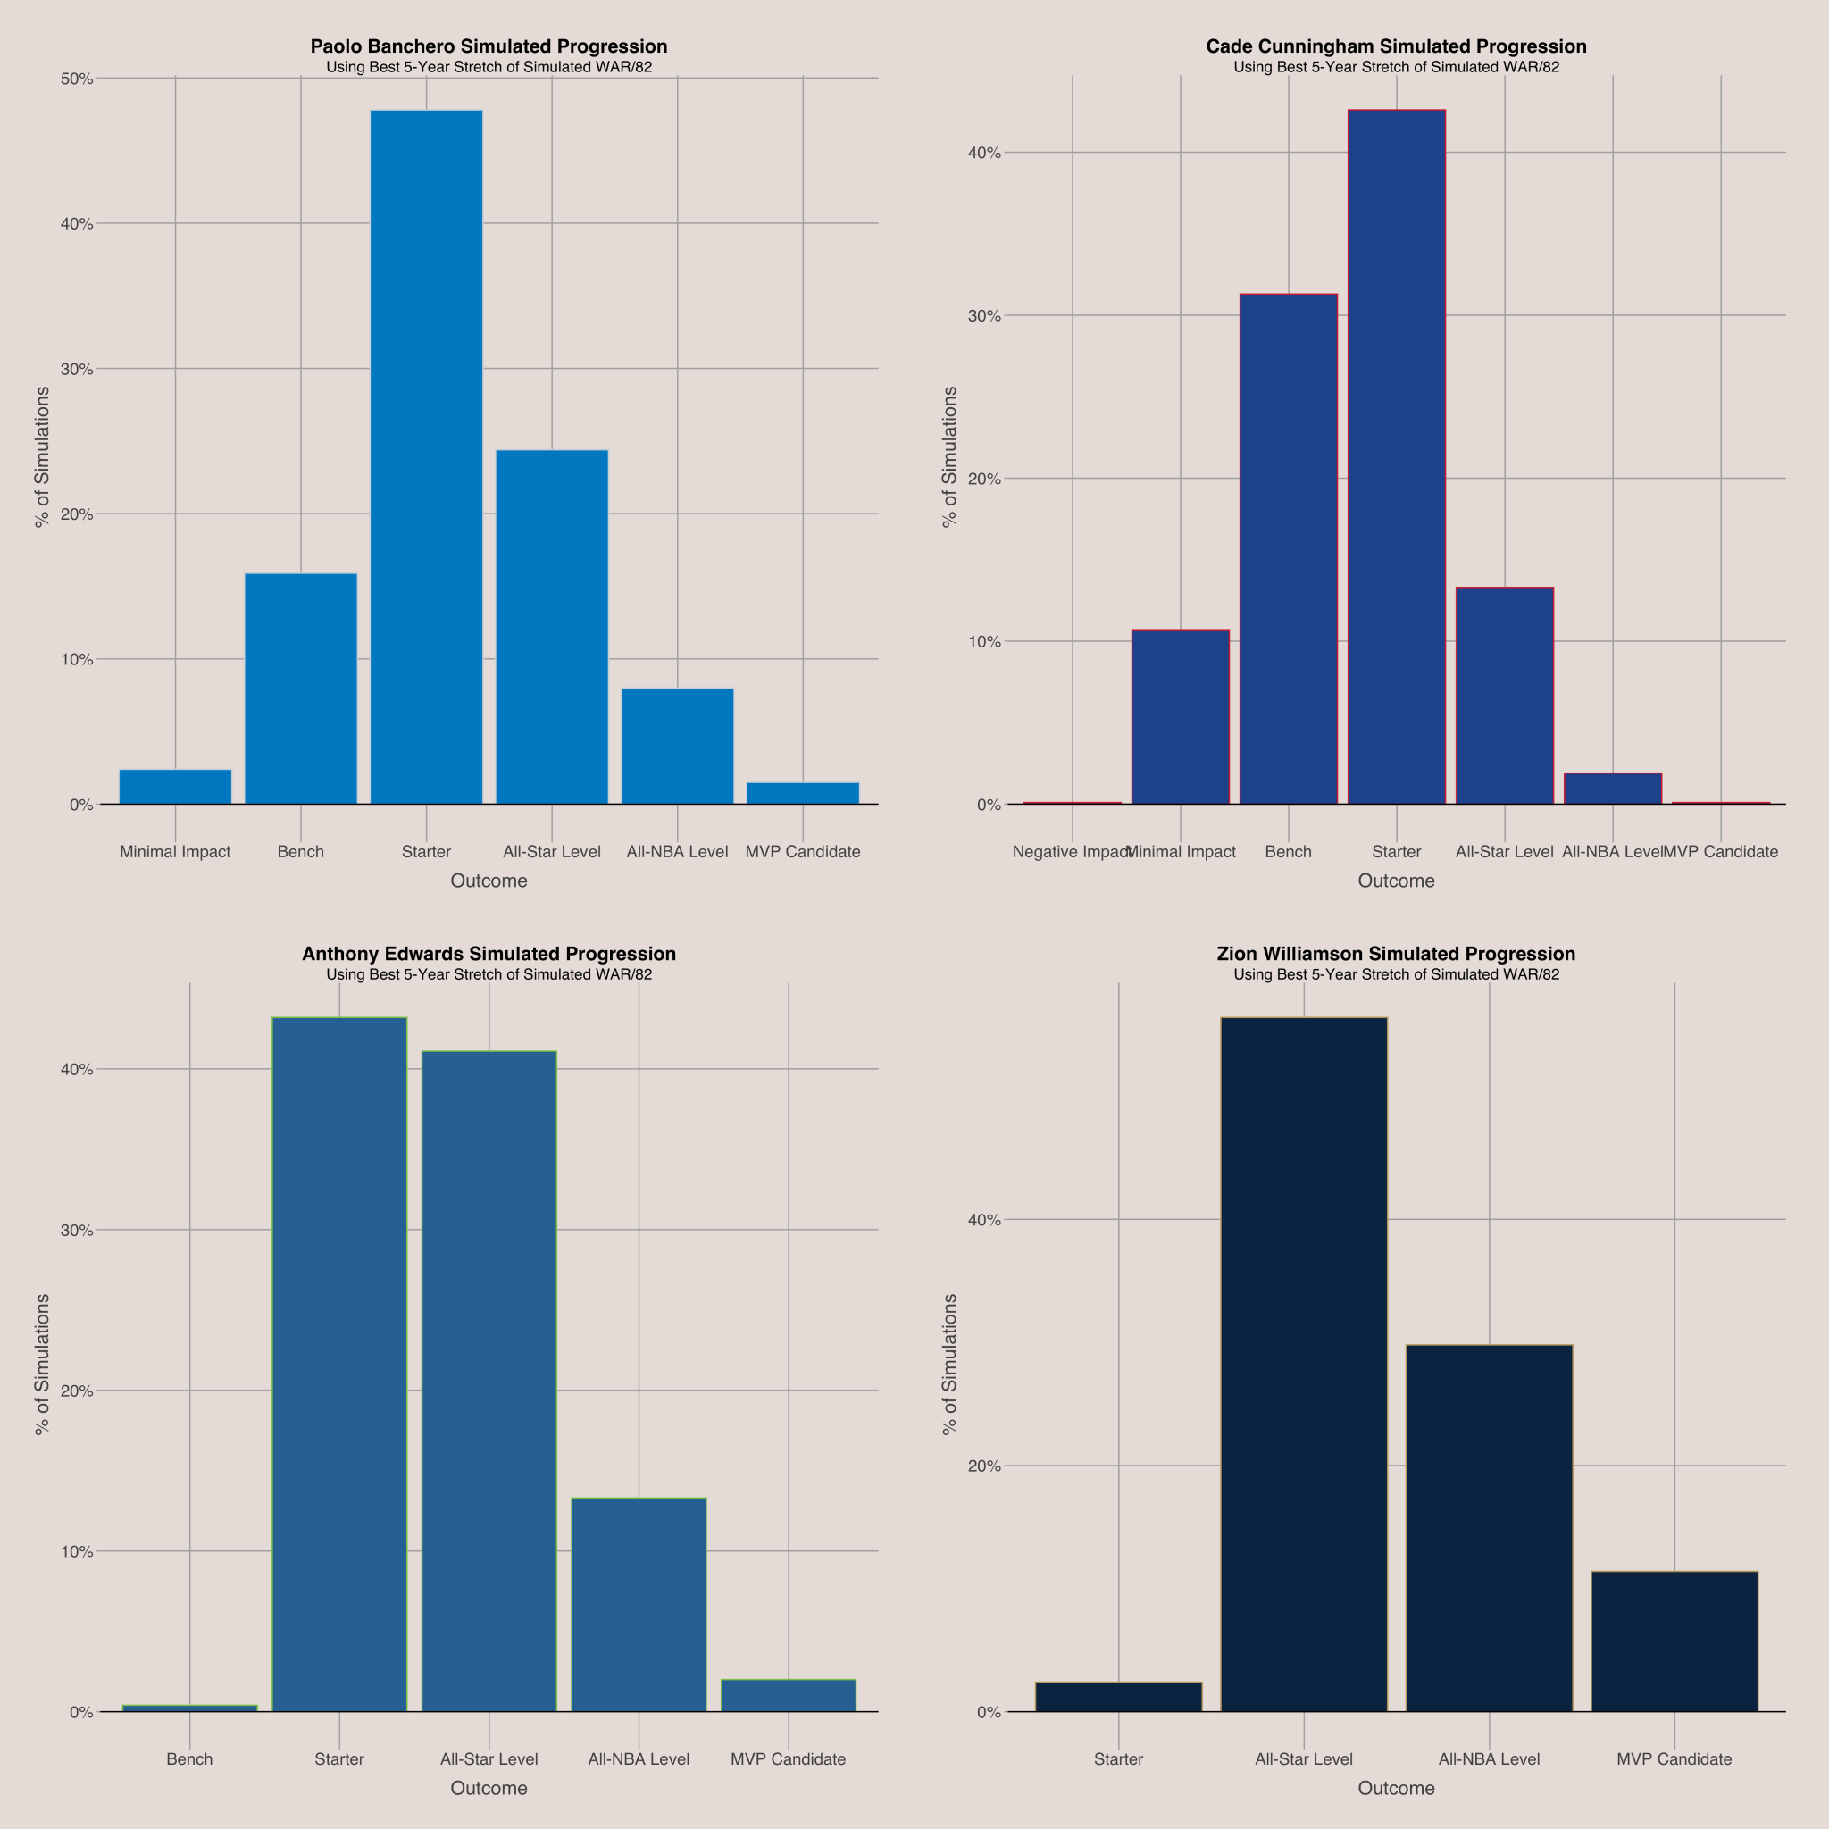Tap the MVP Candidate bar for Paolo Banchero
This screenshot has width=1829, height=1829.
tap(803, 793)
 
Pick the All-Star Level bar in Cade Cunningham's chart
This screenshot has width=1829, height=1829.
tap(1504, 696)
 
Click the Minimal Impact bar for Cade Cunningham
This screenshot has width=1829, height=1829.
tap(1181, 716)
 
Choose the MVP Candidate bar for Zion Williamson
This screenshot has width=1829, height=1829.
tap(1674, 1641)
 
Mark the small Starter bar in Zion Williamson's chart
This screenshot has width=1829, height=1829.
tap(1118, 1697)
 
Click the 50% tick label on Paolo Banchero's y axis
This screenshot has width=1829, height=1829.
tap(78, 79)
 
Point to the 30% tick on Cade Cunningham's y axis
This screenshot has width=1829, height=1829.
tap(984, 315)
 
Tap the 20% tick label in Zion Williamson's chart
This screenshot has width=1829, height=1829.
tap(984, 1466)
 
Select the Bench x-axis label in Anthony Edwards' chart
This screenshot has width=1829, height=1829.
tap(189, 1759)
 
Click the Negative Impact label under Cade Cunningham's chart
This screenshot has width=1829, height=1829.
tap(1070, 851)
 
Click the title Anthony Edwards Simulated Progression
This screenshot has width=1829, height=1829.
tap(489, 953)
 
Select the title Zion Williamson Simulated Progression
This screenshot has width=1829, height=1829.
tap(1397, 953)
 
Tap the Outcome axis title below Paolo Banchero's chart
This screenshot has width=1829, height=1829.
tap(489, 881)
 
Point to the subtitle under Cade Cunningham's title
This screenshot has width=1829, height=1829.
tap(1397, 67)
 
